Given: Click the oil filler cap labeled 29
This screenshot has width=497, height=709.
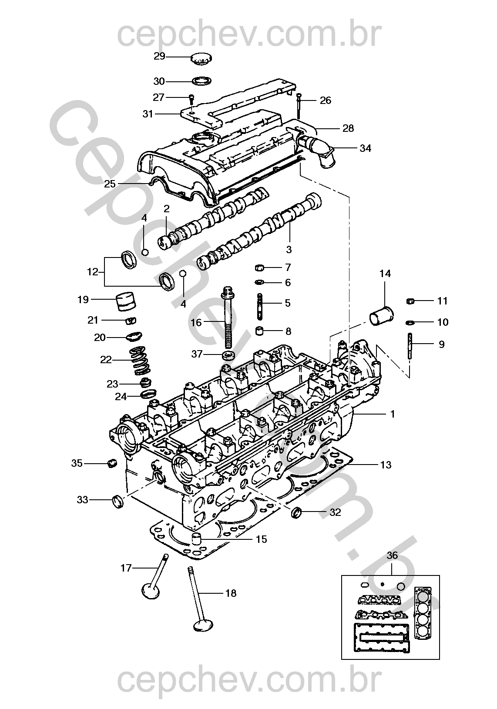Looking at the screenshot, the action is pyautogui.click(x=201, y=59).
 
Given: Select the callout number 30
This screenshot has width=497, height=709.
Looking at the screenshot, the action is pyautogui.click(x=159, y=81).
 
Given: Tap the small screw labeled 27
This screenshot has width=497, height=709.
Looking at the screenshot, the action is pyautogui.click(x=191, y=99).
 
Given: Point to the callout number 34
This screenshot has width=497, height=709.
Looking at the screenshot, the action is pyautogui.click(x=365, y=148).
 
